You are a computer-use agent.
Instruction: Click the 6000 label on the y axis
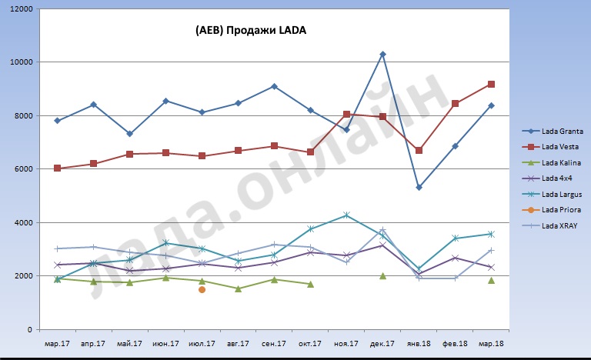[24, 169]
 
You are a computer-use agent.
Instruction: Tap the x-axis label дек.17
[382, 344]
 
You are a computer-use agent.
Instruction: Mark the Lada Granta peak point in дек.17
[382, 55]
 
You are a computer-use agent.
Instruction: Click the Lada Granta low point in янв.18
[419, 187]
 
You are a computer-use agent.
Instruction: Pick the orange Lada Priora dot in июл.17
[202, 290]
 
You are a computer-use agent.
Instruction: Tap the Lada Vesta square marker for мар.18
[491, 84]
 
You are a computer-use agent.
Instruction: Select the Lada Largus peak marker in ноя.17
[346, 215]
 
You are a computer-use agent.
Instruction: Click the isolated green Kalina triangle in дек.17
[382, 275]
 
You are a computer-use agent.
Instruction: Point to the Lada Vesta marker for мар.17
[58, 168]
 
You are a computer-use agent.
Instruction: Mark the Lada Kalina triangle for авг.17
[238, 288]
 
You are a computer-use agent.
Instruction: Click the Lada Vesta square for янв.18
[419, 150]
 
